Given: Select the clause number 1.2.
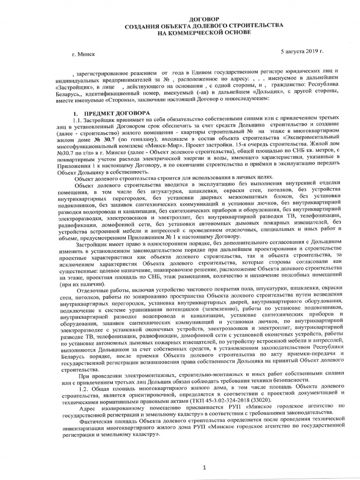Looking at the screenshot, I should click(x=86, y=384).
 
